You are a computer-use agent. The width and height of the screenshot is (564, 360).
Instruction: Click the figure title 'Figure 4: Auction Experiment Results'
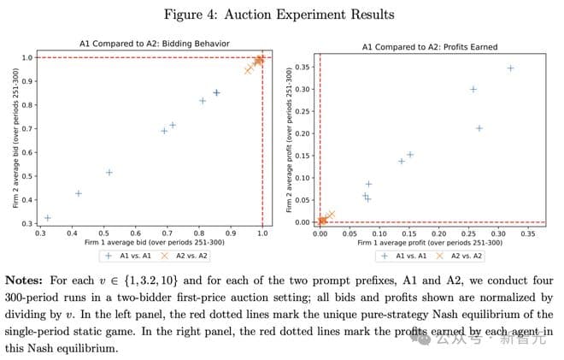click(281, 15)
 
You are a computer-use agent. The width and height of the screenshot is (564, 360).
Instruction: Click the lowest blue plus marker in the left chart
click(47, 218)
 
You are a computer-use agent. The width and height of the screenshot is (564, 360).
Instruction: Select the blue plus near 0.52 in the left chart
click(109, 172)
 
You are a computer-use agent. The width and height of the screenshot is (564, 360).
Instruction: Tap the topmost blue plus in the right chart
click(510, 68)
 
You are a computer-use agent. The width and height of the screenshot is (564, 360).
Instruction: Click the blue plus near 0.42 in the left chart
click(79, 193)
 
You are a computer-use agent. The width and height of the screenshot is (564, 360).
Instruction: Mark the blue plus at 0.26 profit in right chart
click(473, 89)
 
